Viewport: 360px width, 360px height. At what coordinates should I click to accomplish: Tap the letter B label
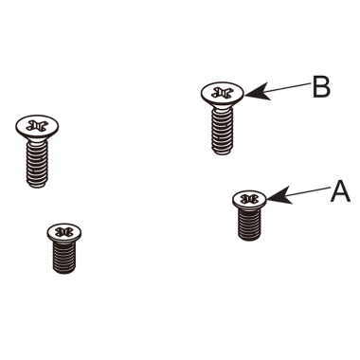[x=321, y=87]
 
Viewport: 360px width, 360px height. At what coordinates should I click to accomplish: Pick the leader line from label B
[x=282, y=89]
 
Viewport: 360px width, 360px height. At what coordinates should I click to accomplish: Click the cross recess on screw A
[x=250, y=199]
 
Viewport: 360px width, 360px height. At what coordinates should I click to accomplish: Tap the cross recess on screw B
[x=223, y=93]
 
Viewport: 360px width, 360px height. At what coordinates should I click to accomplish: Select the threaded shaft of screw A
[x=250, y=224]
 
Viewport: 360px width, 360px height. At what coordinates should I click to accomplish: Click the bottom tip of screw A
[x=250, y=240]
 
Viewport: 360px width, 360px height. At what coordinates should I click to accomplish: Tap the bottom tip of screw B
[x=223, y=152]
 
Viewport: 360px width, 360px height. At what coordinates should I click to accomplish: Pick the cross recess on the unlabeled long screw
[x=37, y=124]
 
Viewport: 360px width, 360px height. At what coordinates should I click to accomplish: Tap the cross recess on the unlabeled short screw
[x=64, y=231]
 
